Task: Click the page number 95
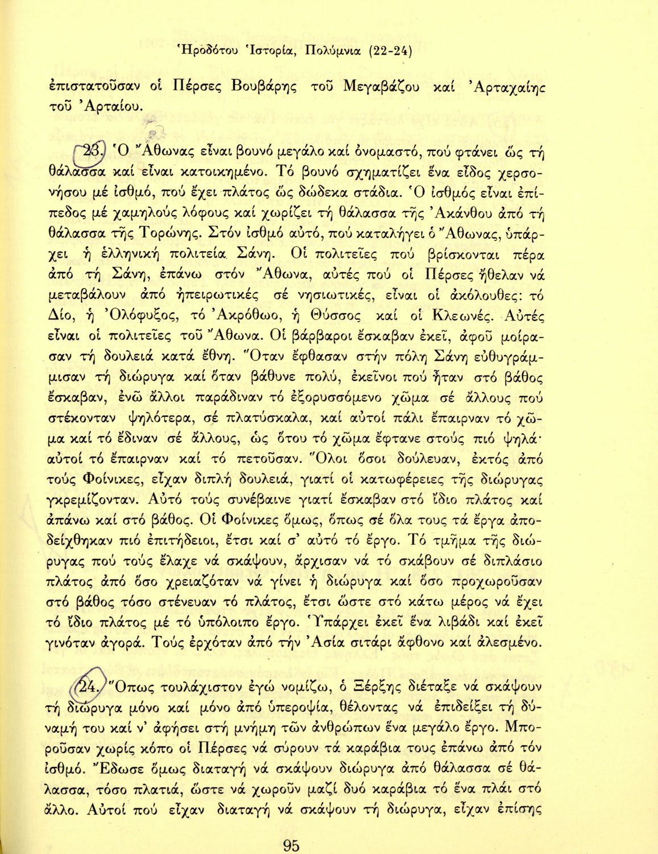point(291,845)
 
